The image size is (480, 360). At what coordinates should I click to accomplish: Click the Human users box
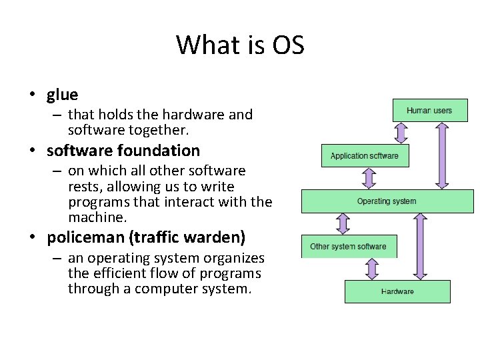pyautogui.click(x=429, y=110)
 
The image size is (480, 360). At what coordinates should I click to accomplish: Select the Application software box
pyautogui.click(x=365, y=156)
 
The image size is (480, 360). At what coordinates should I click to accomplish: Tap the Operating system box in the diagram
pyautogui.click(x=387, y=201)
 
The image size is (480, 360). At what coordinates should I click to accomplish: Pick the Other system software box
pyautogui.click(x=349, y=247)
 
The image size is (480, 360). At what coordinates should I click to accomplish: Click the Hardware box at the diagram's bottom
pyautogui.click(x=397, y=291)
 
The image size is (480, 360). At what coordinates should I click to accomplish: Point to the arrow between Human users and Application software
pyautogui.click(x=401, y=132)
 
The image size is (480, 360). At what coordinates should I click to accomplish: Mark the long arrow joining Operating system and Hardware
pyautogui.click(x=419, y=246)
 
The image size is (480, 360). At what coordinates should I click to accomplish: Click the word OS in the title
pyautogui.click(x=288, y=46)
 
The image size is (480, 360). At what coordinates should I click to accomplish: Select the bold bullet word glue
pyautogui.click(x=63, y=95)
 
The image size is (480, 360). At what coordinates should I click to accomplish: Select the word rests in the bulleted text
pyautogui.click(x=83, y=187)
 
